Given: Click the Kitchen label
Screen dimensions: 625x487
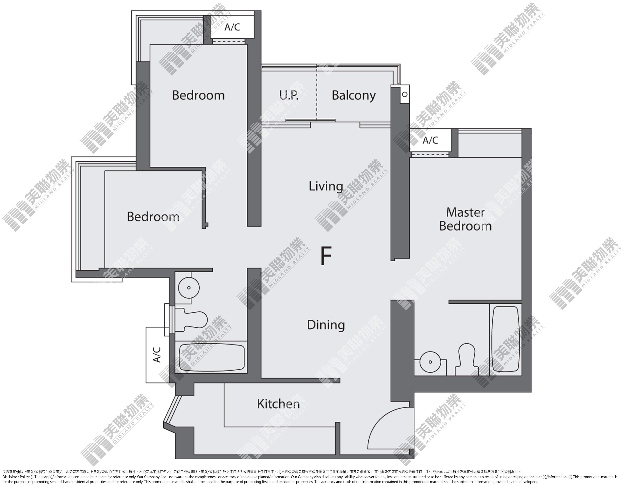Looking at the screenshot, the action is pos(278,404).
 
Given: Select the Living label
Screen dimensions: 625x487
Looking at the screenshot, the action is pos(326,186).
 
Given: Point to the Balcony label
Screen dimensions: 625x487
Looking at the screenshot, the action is pos(354,96).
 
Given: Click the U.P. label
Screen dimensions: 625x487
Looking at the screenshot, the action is pos(289,95).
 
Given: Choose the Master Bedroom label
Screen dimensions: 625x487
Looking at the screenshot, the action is pos(465,219).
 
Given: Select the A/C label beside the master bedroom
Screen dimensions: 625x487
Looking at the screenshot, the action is pos(430,140).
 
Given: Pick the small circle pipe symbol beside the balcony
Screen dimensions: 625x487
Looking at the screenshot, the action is pos(405,94).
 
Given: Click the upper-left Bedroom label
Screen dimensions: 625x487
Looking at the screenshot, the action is pos(198,95).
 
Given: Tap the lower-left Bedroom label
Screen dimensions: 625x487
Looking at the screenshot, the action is pos(153,217).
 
